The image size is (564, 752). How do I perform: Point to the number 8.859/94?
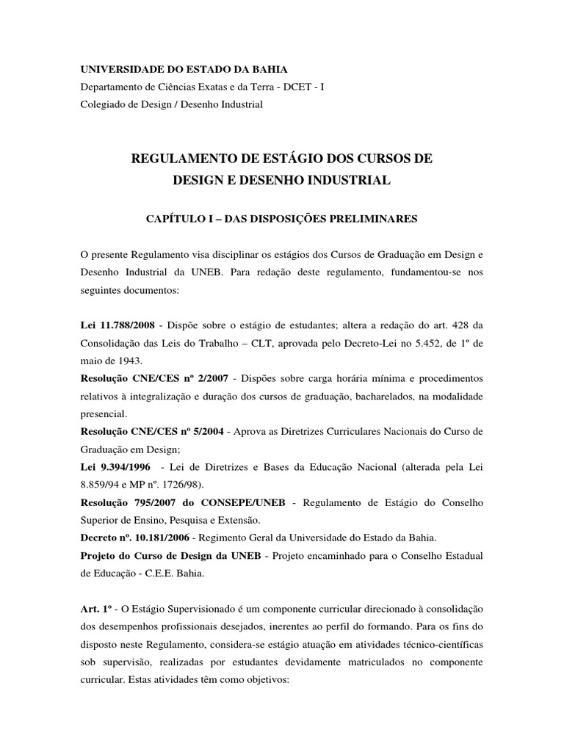[102, 485]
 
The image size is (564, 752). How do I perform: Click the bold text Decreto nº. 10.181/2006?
[137, 538]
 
